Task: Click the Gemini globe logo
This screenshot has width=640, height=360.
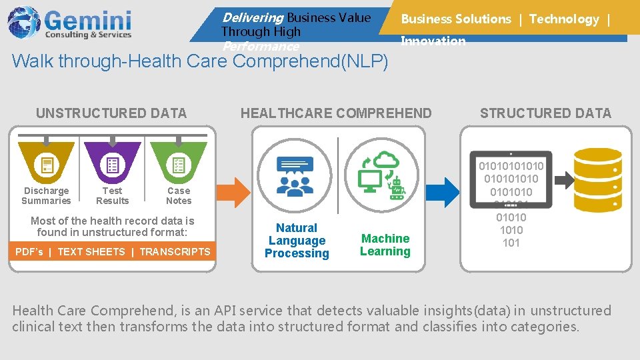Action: pos(24,22)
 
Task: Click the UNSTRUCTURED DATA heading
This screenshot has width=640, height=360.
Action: pos(111,113)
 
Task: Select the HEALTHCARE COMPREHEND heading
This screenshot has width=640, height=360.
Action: pos(336,113)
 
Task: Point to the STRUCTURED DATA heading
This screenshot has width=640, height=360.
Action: pos(545,113)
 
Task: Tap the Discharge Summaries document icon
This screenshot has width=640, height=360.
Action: pos(47,165)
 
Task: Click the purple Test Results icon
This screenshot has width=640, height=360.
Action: pos(113,165)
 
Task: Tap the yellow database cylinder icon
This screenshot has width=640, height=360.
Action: pos(598,179)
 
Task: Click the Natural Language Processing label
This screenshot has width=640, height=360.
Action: pos(297,241)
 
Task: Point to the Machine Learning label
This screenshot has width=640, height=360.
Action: pos(385,245)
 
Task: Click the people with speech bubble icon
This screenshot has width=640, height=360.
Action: pos(295,175)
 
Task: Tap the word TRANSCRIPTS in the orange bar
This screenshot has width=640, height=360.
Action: pos(175,252)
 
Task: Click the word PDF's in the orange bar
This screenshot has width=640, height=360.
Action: pos(29,252)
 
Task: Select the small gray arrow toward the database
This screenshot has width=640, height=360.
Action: pos(564,179)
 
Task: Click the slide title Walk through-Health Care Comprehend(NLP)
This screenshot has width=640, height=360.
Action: pos(200,62)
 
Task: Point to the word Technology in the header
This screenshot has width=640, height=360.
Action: pos(564,19)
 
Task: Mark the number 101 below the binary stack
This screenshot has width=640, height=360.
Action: pos(511,243)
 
